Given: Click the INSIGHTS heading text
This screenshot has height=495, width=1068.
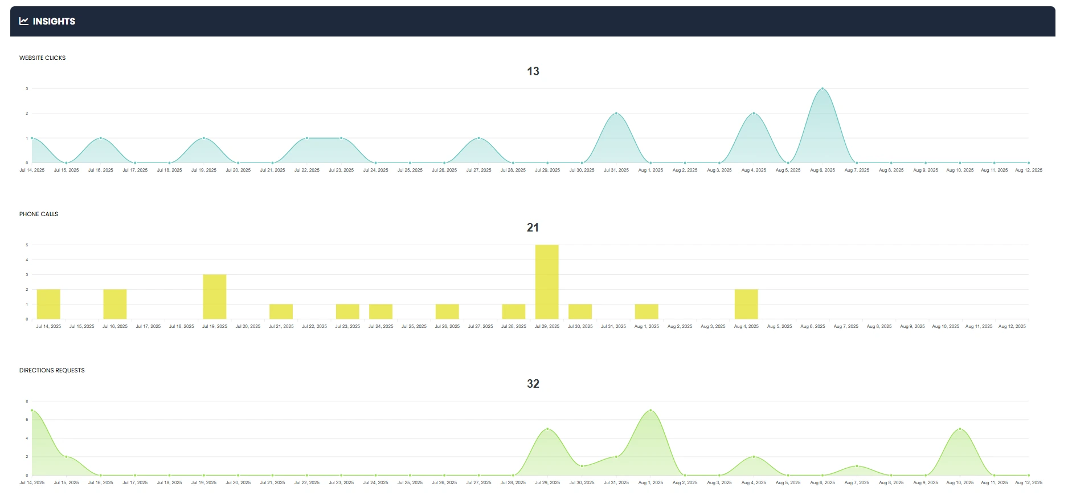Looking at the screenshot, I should point(54,22).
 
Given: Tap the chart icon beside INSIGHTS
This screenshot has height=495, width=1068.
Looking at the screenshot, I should point(24,21).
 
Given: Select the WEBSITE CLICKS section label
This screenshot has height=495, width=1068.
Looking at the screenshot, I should point(43,58).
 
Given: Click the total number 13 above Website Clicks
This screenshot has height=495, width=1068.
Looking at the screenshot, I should point(533,71).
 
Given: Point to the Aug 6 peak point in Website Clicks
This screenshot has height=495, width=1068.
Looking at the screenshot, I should point(823,89).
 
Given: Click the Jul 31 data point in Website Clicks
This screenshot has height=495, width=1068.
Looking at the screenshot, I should point(616,113).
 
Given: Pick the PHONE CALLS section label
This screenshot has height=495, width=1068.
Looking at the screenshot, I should point(39,214).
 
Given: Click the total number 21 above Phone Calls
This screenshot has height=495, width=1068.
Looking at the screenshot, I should point(533,228).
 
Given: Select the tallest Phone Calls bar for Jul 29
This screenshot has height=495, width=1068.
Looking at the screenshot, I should point(547,282).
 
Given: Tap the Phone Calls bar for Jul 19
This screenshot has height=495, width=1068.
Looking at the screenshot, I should point(215,297).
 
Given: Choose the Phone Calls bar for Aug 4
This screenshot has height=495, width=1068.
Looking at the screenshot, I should point(746,304).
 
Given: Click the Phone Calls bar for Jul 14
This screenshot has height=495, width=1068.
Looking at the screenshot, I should point(48,304).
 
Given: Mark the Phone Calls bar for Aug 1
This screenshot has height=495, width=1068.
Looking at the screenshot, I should point(646,311).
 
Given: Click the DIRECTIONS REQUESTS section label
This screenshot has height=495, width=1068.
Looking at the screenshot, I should point(52,370).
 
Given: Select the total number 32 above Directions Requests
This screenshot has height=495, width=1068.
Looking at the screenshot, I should point(533,384).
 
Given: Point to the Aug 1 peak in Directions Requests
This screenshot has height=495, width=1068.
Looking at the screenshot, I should point(650,411).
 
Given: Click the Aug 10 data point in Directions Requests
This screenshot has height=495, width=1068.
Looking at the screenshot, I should point(960,429).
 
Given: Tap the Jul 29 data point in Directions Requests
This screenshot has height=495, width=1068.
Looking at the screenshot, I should point(547,429).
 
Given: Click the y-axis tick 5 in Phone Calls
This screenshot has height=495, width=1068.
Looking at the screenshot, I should point(27,245).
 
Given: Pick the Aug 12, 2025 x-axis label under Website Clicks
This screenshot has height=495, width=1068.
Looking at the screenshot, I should point(1029,170).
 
